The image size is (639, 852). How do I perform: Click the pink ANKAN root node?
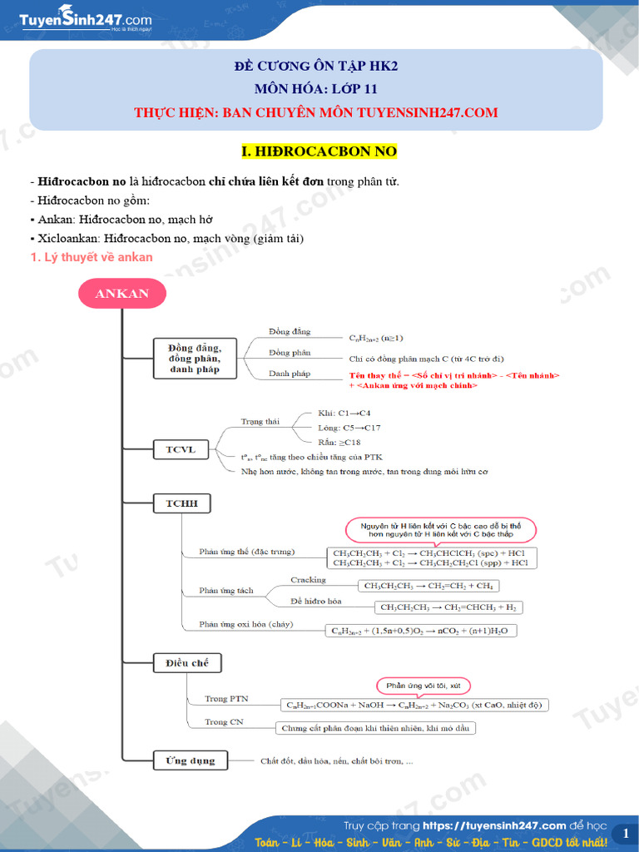pyautogui.click(x=122, y=293)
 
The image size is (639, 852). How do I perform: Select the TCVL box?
pyautogui.click(x=180, y=450)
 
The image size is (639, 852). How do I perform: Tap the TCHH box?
pyautogui.click(x=181, y=503)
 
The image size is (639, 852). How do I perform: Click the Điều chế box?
pyautogui.click(x=187, y=662)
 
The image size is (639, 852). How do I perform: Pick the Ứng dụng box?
pyautogui.click(x=190, y=760)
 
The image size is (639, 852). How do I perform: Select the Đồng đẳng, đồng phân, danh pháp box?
pyautogui.click(x=195, y=358)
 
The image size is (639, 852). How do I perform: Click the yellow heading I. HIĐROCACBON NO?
pyautogui.click(x=319, y=151)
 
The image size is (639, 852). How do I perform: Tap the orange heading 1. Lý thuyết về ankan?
pyautogui.click(x=91, y=257)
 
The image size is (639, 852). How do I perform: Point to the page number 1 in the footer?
pyautogui.click(x=625, y=833)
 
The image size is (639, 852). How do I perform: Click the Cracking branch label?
pyautogui.click(x=308, y=580)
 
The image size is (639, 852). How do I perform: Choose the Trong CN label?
pyautogui.click(x=223, y=721)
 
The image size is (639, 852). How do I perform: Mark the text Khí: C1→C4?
pyautogui.click(x=344, y=414)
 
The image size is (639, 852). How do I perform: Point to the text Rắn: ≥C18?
pyautogui.click(x=339, y=442)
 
